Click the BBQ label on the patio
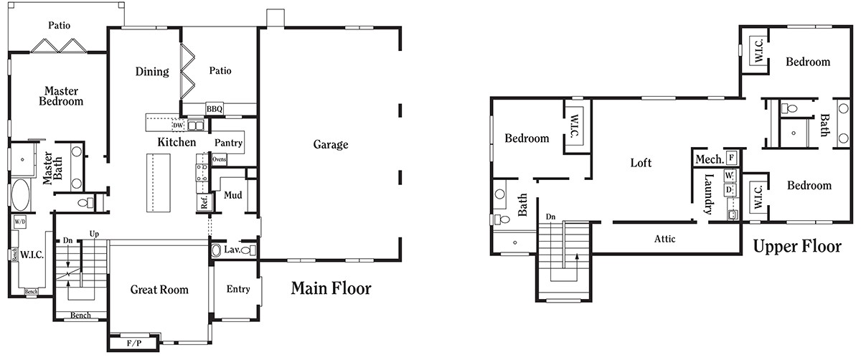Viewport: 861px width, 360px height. point(215,109)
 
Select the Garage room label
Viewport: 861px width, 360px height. point(331,144)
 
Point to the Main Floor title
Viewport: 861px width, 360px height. point(331,289)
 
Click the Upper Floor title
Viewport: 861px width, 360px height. point(796,247)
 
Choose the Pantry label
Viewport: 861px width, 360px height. point(228,143)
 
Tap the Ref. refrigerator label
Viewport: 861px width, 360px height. point(204,203)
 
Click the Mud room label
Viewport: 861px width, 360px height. point(232,195)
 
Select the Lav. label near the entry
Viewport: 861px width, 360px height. point(231,250)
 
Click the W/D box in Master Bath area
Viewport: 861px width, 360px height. point(19,222)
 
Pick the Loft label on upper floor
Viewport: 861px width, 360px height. point(641,163)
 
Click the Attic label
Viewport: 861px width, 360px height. point(664,239)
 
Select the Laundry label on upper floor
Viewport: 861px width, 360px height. point(708,194)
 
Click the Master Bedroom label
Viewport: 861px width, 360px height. point(61,96)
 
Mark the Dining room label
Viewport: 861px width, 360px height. point(152,72)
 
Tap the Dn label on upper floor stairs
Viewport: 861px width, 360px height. point(550,217)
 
